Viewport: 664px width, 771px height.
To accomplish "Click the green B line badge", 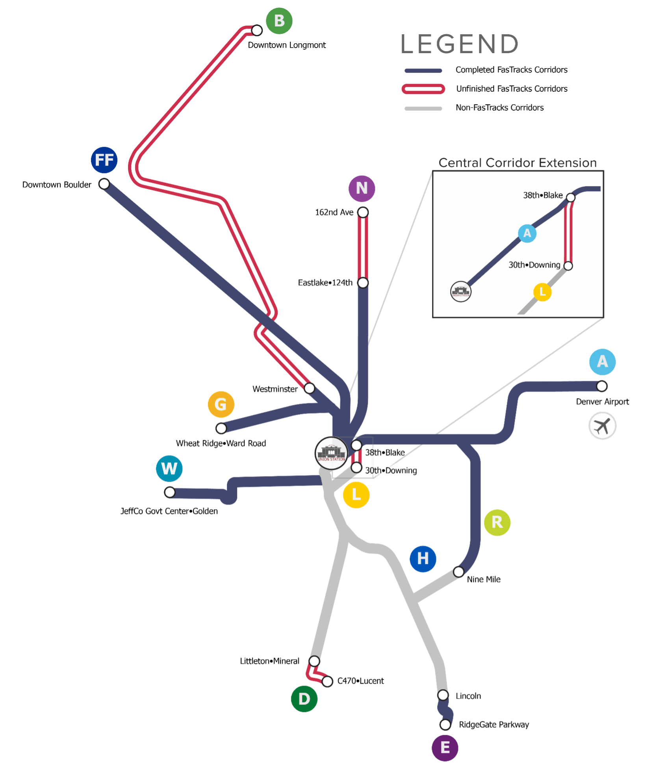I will point(279,21).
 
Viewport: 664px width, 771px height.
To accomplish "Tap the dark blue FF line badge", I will point(104,160).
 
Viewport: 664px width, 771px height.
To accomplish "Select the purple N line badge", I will point(362,188).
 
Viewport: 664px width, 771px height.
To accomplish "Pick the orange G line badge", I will point(221,404).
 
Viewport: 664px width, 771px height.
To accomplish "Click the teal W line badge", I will point(169,469).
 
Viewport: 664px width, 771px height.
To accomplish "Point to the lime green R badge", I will point(497,523).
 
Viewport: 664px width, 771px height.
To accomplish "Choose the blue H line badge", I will point(423,558).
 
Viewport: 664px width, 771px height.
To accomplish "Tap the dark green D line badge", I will point(304,699).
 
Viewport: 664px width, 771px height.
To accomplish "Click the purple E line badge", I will point(445,748).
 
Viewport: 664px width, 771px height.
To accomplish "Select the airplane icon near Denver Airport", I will point(602,426).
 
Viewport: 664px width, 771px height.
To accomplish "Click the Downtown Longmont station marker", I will point(257,30).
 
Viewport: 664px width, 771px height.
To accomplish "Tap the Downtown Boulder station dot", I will point(104,184).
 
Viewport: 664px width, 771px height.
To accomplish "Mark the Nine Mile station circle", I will point(458,572).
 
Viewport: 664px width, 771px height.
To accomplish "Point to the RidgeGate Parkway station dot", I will point(445,725).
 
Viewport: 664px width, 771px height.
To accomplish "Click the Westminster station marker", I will point(310,388).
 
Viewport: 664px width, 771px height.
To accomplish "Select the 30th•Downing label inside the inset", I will point(534,265).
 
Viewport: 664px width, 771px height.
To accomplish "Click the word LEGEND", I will point(459,44).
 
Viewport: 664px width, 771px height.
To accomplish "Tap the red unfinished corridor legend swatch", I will point(423,89).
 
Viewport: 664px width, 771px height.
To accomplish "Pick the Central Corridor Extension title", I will point(517,163).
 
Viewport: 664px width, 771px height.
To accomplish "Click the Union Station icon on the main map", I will point(332,453).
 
